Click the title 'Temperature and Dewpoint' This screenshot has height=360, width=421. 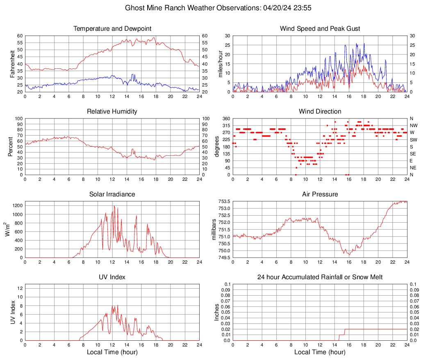pos(112,29)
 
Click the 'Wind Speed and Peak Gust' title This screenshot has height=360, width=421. pos(320,29)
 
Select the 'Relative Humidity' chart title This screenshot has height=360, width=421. pos(112,112)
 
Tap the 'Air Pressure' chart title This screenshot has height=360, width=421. pos(320,194)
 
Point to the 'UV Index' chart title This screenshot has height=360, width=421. pos(112,277)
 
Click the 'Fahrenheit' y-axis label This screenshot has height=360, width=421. pos(12,64)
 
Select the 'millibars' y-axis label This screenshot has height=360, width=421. pos(214,229)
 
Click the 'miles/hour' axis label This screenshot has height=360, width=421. pos(220,64)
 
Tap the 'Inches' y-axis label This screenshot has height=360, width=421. pos(217,312)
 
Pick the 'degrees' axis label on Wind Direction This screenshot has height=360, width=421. pos(217,146)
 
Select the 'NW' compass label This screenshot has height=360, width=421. pos(414,125)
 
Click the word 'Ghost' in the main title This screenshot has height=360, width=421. pos(134,8)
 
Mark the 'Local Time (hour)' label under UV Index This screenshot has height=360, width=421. pos(112,352)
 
